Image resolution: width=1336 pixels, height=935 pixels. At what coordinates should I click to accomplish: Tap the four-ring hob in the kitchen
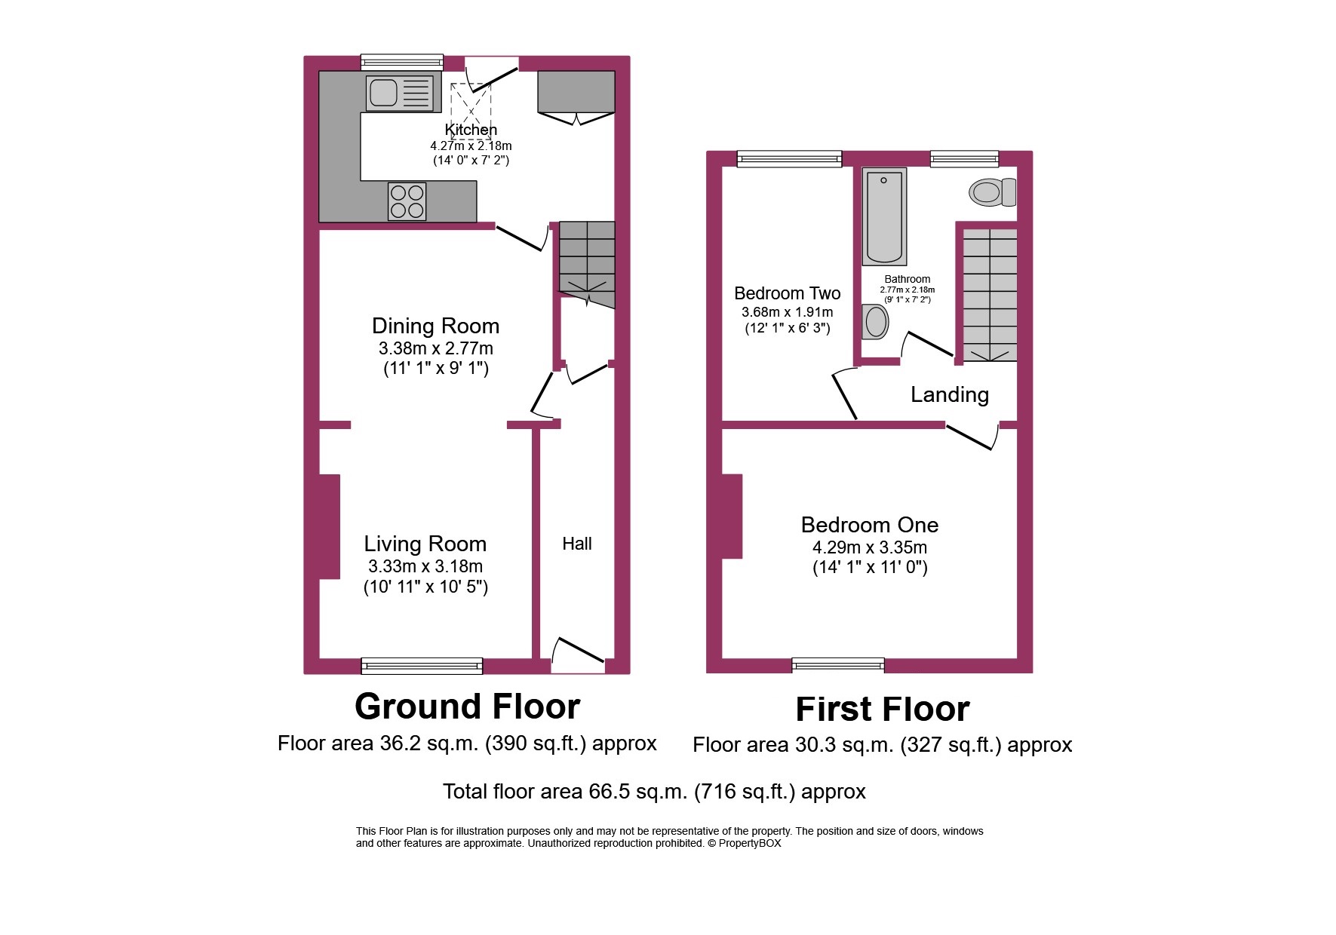(407, 201)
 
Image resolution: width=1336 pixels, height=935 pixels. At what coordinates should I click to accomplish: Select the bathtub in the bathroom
(884, 216)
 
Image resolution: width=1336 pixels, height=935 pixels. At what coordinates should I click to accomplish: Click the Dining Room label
(435, 326)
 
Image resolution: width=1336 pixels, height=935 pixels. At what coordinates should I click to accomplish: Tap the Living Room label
(425, 544)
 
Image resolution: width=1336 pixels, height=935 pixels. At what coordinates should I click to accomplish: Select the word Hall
(576, 544)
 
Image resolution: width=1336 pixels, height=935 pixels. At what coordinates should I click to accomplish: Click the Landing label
(949, 394)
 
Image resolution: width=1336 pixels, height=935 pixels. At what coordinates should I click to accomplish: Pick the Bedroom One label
(869, 525)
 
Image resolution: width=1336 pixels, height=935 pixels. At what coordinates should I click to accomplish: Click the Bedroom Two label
(787, 293)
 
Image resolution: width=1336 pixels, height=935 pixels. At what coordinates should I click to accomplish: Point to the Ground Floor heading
(467, 707)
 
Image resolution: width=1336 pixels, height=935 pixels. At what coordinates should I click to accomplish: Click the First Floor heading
(882, 710)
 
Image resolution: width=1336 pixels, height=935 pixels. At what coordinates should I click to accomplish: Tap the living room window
(422, 665)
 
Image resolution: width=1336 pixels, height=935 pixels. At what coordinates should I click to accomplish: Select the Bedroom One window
(837, 664)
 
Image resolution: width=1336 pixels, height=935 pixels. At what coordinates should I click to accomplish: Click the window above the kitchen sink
(401, 62)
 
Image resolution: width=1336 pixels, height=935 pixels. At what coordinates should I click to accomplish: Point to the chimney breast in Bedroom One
(731, 516)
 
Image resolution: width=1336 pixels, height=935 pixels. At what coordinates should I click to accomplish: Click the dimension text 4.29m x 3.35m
(869, 547)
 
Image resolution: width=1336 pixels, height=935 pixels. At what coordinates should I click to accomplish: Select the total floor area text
(653, 792)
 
